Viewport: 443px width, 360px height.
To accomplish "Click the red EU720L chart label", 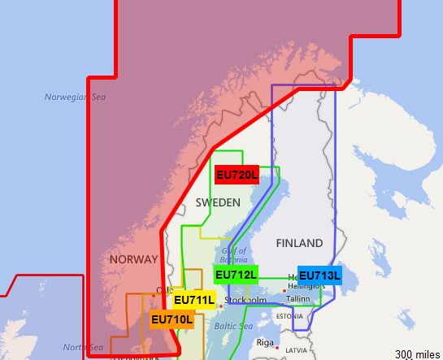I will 237,175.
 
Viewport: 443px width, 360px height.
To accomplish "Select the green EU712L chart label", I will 237,275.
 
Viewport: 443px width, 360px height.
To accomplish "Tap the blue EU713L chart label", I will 319,275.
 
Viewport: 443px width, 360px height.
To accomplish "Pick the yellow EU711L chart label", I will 194,300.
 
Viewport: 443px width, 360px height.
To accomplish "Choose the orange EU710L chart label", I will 172,319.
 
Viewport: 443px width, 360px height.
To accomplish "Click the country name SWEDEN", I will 218,202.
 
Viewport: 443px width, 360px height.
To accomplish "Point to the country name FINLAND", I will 299,244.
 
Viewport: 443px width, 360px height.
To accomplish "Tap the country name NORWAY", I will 133,259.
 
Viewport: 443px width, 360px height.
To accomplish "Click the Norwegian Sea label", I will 76,98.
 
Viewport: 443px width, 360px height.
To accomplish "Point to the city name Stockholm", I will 245,301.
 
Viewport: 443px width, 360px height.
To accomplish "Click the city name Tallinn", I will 298,299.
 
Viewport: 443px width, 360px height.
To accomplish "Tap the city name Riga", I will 265,342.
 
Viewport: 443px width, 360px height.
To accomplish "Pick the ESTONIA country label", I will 289,315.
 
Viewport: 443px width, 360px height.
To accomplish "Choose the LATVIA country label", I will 297,350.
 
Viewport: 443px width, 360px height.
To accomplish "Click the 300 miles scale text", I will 418,354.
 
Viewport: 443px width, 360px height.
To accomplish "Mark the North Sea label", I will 83,347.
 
